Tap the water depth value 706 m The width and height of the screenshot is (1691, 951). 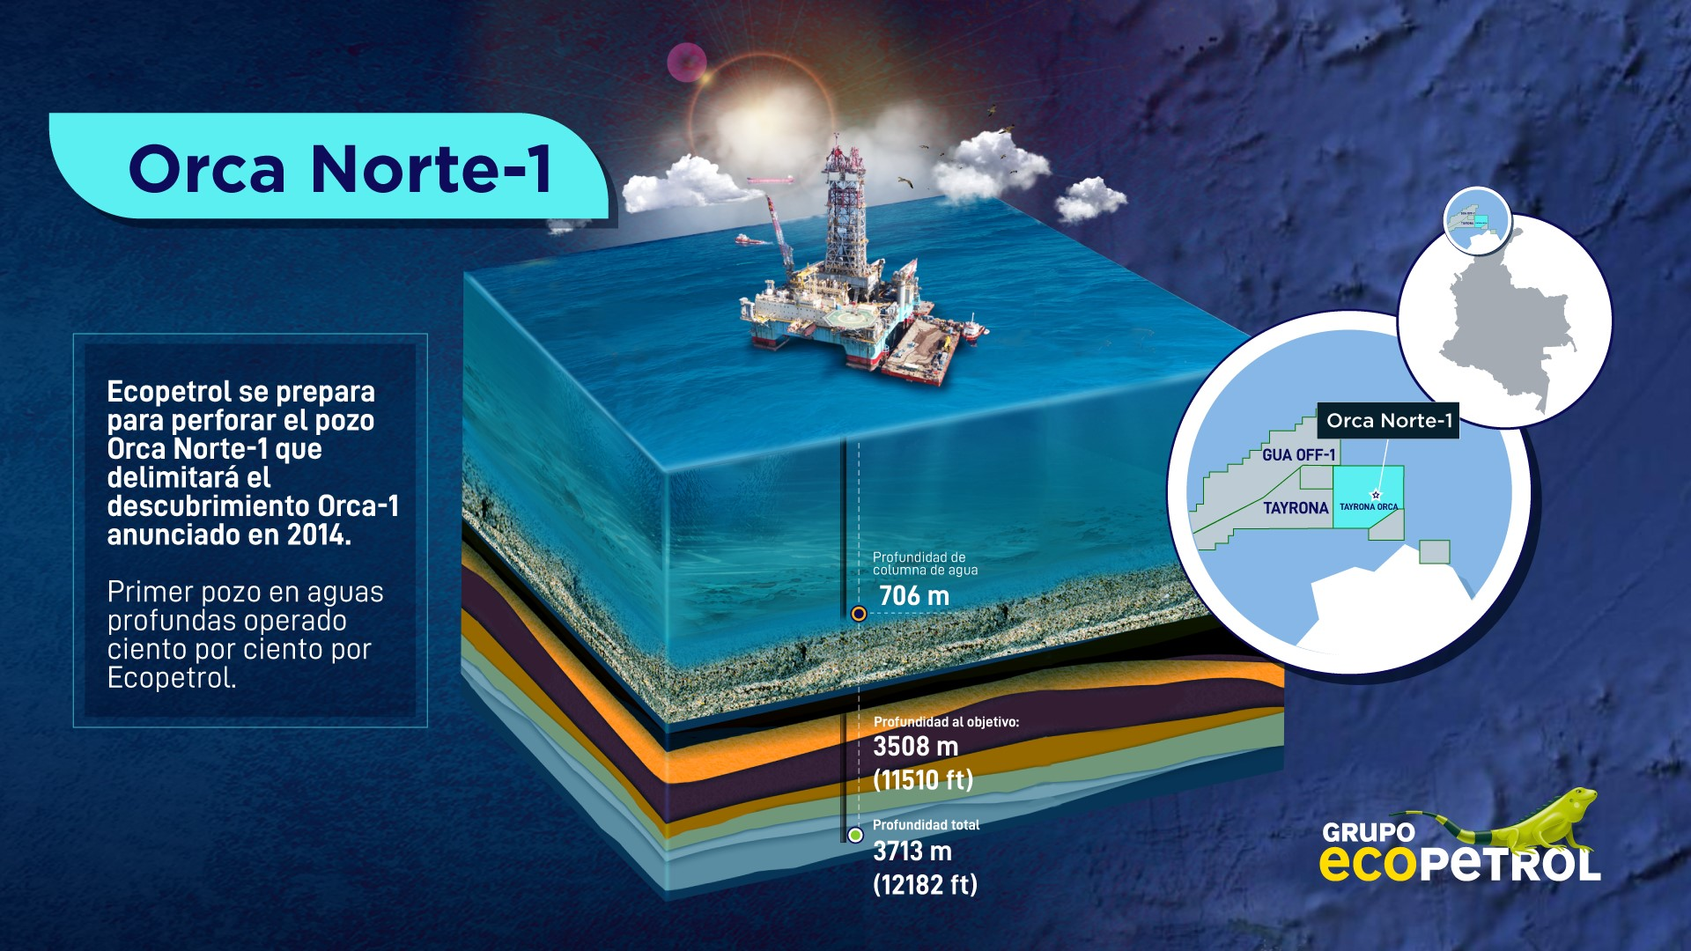[x=914, y=596]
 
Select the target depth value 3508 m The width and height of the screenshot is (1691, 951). [x=915, y=747]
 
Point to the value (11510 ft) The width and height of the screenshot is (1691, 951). [x=923, y=779]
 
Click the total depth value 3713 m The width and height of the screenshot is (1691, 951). [x=912, y=851]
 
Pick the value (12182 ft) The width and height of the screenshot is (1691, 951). [x=925, y=884]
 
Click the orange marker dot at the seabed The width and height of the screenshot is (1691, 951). [x=859, y=614]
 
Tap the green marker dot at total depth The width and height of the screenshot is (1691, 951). [x=854, y=835]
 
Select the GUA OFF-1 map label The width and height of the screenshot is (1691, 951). [x=1298, y=455]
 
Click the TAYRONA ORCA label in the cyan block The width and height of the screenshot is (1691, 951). [x=1368, y=506]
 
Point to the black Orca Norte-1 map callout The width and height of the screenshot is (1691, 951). [x=1388, y=421]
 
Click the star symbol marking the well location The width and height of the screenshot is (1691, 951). [x=1376, y=495]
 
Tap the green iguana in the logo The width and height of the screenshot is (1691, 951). [x=1541, y=819]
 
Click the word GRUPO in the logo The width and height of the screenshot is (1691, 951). [x=1368, y=832]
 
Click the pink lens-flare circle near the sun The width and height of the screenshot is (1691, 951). [x=686, y=63]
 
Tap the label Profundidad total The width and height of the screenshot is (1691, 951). [x=926, y=825]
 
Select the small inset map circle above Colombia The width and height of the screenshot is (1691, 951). [x=1477, y=219]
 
